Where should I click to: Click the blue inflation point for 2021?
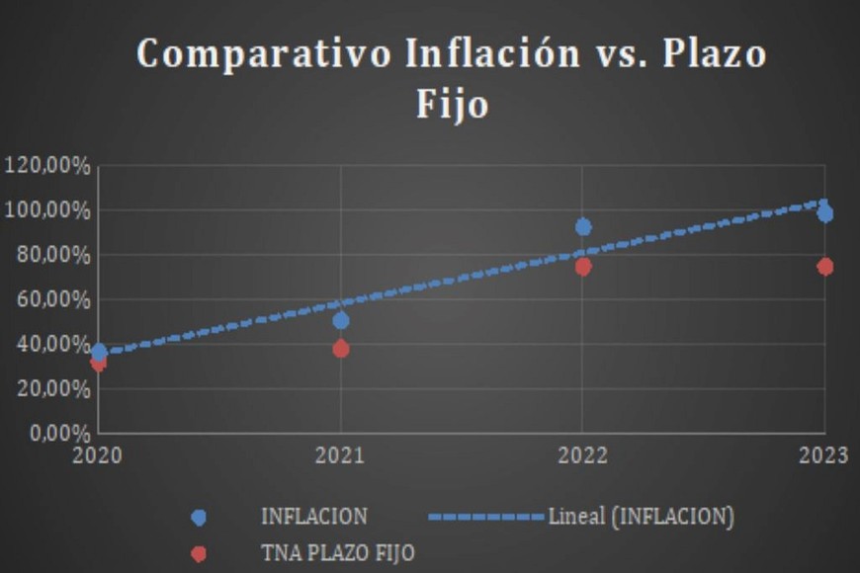[341, 320]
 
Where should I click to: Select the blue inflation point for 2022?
[583, 227]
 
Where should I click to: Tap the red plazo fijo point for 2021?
[341, 349]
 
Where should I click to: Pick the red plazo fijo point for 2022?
[583, 267]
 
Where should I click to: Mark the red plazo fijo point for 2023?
[824, 267]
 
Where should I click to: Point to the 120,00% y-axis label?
[47, 166]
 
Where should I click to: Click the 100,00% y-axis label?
[47, 210]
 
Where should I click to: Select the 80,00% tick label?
[52, 255]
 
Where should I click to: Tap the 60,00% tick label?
[52, 299]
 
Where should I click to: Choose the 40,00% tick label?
[52, 344]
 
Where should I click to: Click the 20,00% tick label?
[52, 388]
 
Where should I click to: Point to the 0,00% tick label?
[57, 433]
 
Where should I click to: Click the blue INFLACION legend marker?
[199, 518]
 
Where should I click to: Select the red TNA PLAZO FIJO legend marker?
[199, 553]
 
